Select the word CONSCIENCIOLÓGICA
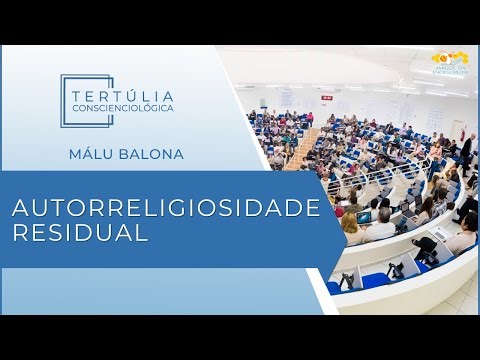point(124,107)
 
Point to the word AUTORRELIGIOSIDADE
point(164,207)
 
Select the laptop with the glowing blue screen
point(364,217)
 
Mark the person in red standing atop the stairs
point(309,118)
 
